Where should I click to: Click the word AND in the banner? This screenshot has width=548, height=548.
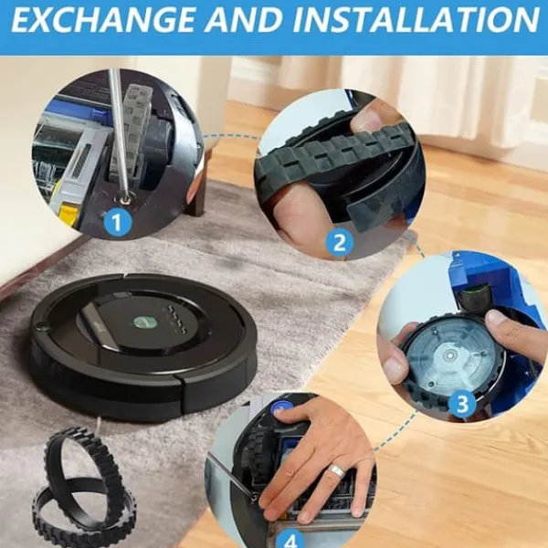coord(244,19)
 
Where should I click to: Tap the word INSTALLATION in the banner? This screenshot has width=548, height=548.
coord(416,19)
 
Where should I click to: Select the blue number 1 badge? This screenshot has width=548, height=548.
coord(117,222)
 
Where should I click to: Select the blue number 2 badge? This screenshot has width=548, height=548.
coord(339,242)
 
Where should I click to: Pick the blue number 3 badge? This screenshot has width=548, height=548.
coord(462,404)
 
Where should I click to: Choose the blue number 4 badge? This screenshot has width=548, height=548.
coord(290,540)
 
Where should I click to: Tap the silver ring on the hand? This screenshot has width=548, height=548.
coord(336,471)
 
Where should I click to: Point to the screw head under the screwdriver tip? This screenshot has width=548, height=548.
coord(124,200)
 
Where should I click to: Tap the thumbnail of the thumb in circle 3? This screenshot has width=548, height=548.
coord(496,317)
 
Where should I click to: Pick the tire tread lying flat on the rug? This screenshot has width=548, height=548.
coord(85,516)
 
